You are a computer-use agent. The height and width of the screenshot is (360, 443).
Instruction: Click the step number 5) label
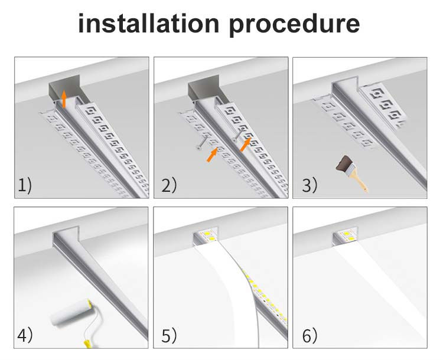coord(169,336)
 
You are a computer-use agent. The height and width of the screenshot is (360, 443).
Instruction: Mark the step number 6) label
coord(310,336)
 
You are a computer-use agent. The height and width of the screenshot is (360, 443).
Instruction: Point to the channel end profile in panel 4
coord(62,239)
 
